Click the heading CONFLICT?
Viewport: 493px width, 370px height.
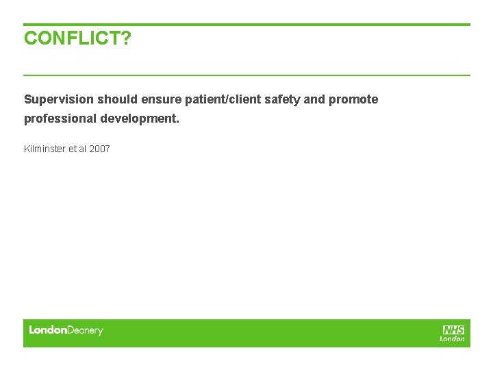pyautogui.click(x=77, y=38)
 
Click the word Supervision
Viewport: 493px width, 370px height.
pyautogui.click(x=59, y=99)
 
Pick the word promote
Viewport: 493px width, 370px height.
pyautogui.click(x=353, y=99)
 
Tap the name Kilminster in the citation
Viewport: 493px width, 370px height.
pyautogui.click(x=44, y=149)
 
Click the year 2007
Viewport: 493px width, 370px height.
pyautogui.click(x=99, y=149)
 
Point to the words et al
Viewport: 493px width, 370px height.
pyautogui.click(x=77, y=149)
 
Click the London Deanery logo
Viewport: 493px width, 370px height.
pyautogui.click(x=66, y=330)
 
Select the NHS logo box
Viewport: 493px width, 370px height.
pyautogui.click(x=453, y=330)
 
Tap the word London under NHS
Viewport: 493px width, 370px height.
pyautogui.click(x=452, y=338)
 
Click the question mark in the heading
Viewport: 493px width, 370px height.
pyautogui.click(x=126, y=38)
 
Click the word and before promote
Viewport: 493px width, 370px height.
pyautogui.click(x=314, y=99)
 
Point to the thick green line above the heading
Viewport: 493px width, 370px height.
pyautogui.click(x=246, y=25)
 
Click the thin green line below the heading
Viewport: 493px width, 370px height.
pyautogui.click(x=246, y=75)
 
